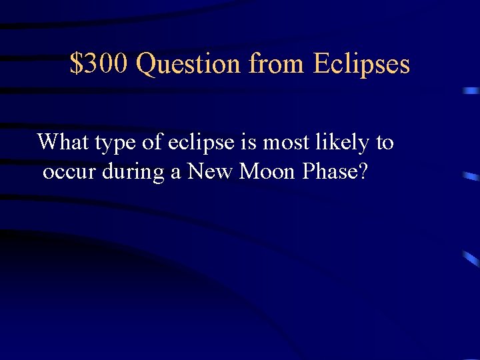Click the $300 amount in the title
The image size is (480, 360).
100,64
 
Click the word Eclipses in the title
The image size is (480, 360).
361,64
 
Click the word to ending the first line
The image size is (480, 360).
385,143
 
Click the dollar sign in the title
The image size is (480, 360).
75,64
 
